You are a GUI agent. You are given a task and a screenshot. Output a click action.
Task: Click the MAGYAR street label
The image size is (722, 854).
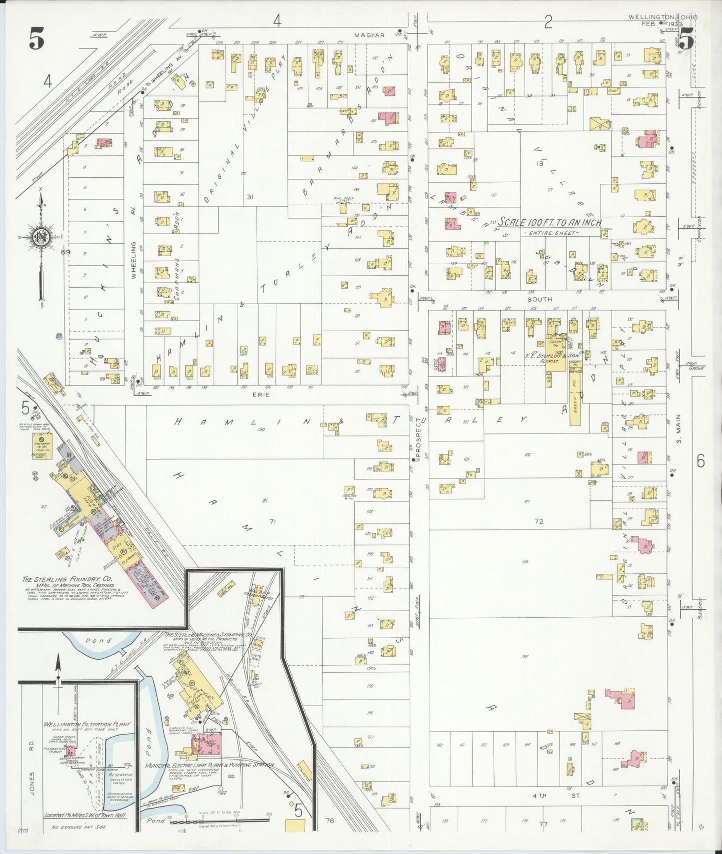369,35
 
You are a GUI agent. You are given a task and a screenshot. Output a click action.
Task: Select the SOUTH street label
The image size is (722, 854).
540,299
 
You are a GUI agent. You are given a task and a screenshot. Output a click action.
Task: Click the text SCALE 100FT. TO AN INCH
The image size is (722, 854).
549,223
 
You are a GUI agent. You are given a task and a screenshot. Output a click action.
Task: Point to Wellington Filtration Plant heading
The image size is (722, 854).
86,724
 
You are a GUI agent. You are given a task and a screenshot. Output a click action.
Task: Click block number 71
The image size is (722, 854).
272,521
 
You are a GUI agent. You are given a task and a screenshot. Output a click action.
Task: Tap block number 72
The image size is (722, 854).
538,521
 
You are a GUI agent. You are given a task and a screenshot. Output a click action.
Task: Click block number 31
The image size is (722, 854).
250,197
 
